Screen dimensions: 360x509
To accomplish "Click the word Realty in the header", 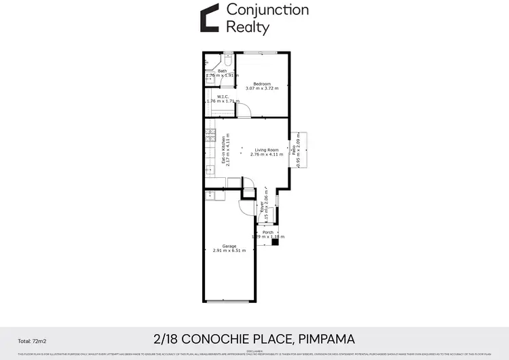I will (x=248, y=27).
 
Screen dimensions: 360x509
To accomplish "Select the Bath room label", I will (x=222, y=71).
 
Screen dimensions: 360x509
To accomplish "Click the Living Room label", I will (x=267, y=149).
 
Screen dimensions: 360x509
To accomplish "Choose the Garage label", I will (x=229, y=246).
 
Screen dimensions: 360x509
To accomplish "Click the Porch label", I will (x=268, y=232).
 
